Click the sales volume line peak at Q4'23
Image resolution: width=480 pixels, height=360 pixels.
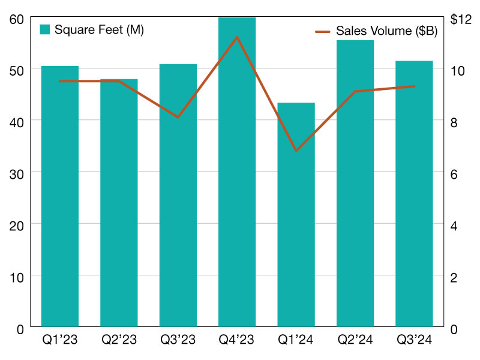coord(237,37)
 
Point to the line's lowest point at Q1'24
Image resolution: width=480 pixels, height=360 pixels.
coord(296,150)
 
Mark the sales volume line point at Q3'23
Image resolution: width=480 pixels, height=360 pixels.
coord(178,117)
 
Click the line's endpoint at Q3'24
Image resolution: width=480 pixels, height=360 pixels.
coord(414,86)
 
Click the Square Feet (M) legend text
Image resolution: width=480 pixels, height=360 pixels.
coord(99,29)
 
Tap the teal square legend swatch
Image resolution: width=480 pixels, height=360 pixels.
coord(44,29)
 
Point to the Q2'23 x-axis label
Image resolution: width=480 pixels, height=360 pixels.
coord(119,340)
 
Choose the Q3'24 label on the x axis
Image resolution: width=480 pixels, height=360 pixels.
coord(414,340)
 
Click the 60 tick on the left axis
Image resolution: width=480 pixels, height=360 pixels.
coord(16,19)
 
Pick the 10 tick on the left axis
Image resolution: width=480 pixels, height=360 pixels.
coord(16,277)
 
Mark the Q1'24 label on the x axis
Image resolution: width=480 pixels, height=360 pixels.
coord(296,340)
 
